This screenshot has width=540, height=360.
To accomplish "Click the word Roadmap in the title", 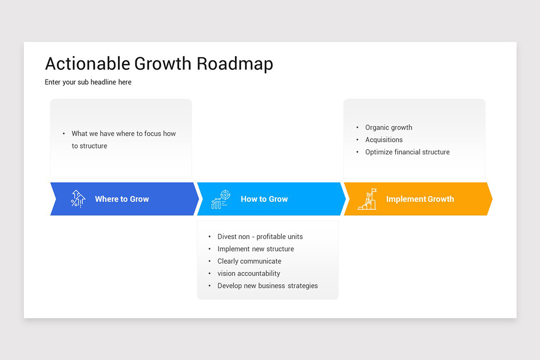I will [x=235, y=64].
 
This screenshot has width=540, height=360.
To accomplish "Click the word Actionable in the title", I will [x=87, y=64].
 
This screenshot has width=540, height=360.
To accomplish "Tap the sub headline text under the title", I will [x=88, y=82].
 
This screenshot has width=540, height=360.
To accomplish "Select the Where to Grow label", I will [x=121, y=199].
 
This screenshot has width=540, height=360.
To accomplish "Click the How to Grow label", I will [x=264, y=199].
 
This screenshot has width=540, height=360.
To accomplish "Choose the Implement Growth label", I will [x=420, y=199].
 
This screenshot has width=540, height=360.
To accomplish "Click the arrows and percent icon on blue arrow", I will [x=78, y=199].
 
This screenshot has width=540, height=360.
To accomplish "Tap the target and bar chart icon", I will [x=221, y=199].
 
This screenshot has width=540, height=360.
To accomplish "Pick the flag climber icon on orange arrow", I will [x=367, y=199].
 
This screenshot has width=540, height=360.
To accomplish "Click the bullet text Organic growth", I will [x=388, y=127].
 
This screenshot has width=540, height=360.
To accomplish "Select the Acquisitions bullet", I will [x=384, y=139].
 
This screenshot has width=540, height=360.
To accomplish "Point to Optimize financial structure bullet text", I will [x=407, y=152].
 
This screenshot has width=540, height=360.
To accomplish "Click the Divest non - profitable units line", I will [x=260, y=237].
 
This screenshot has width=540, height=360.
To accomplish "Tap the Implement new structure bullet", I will [x=255, y=249].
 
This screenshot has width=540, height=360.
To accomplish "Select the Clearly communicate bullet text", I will [x=249, y=261].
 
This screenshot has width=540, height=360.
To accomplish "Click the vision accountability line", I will [x=248, y=273].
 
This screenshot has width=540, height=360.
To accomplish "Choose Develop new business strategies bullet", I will [x=267, y=286].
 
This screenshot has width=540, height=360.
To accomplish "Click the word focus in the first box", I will [x=152, y=134].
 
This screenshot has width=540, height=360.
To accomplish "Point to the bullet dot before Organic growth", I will [x=357, y=128].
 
